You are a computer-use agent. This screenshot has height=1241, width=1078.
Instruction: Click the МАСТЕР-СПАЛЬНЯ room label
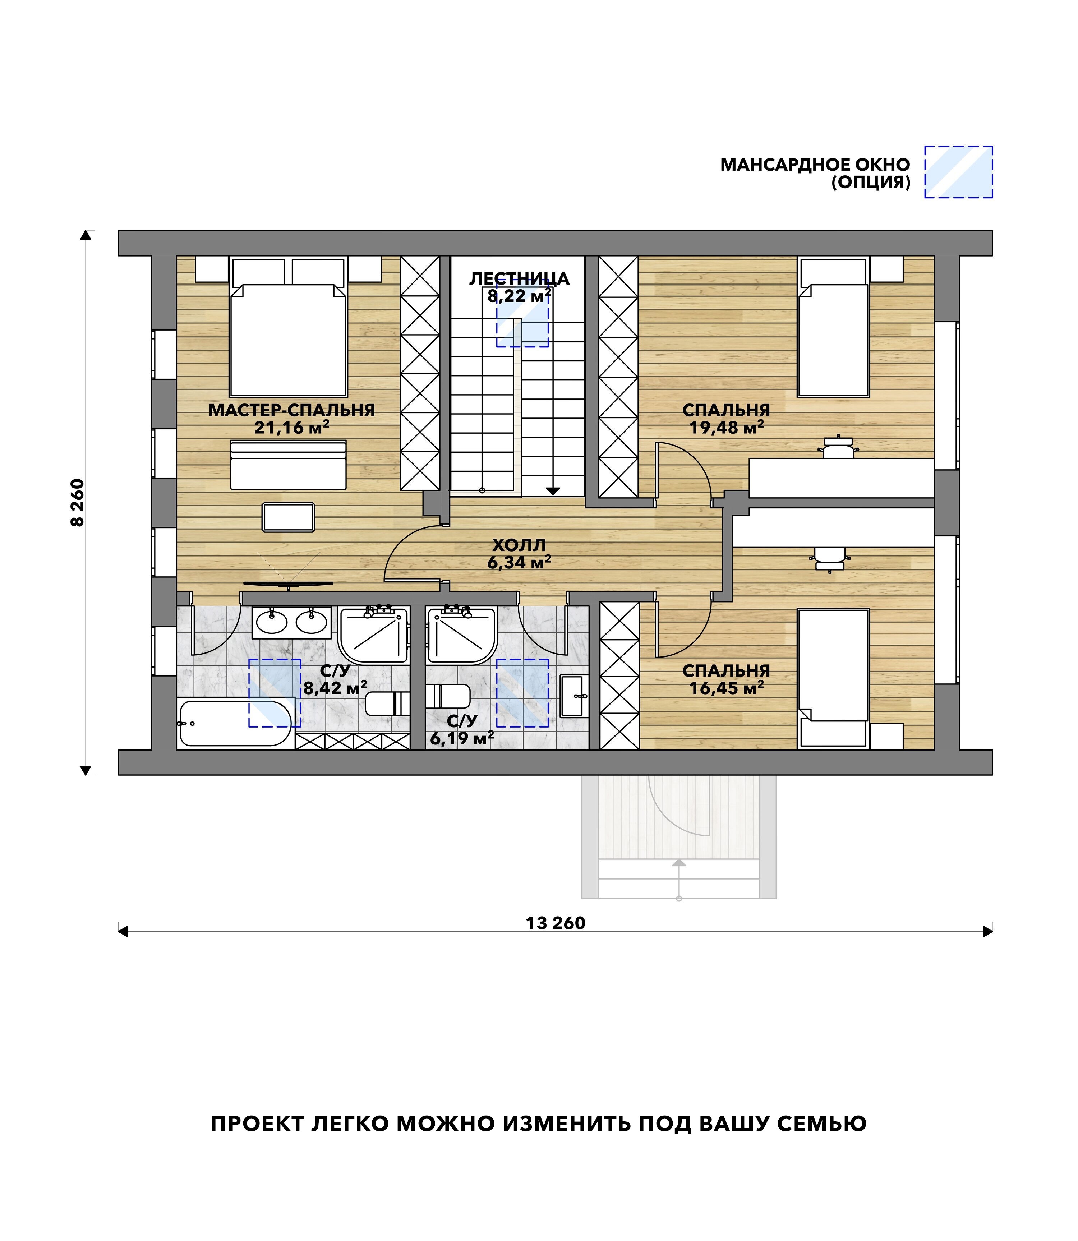pos(292,410)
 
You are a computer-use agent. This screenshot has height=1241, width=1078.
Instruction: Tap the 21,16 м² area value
pos(292,428)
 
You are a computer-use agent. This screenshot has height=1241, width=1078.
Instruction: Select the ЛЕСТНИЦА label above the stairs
pos(519,278)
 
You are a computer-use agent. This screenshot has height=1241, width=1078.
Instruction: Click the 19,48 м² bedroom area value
pos(727,428)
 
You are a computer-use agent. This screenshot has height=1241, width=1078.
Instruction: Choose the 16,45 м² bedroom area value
pos(727,688)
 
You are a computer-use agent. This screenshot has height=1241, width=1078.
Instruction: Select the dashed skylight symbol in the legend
pos(958,172)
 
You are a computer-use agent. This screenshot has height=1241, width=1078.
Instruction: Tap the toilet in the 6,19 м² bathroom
pos(448,696)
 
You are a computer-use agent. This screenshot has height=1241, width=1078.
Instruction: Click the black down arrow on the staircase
pos(553,491)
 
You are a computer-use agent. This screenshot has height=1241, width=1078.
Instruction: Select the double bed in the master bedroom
pos(289,327)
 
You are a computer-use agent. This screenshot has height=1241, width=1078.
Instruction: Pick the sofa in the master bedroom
pos(289,465)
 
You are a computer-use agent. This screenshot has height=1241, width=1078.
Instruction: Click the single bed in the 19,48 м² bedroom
pos(833,327)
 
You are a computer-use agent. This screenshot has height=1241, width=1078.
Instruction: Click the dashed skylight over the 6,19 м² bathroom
pos(522,693)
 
